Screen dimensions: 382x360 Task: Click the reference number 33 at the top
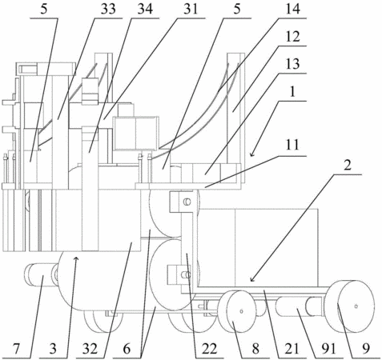click(x=108, y=10)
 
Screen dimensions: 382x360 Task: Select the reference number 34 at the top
click(x=145, y=10)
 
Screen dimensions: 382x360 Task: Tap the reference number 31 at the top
click(x=191, y=10)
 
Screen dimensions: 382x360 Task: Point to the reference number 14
click(x=292, y=10)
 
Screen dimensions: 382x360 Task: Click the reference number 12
click(x=292, y=37)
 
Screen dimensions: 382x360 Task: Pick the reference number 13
click(x=292, y=64)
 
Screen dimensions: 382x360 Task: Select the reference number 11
click(x=292, y=146)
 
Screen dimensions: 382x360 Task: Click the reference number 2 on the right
click(x=348, y=166)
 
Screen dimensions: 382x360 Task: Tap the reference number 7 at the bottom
click(x=17, y=349)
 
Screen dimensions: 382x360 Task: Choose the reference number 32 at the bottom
click(x=90, y=349)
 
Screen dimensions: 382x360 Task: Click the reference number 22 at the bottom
click(x=209, y=349)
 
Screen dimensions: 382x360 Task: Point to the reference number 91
click(x=328, y=349)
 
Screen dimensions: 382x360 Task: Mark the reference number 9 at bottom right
click(x=366, y=349)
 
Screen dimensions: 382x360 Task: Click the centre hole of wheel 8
click(x=241, y=311)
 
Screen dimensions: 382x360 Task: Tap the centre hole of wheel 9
click(x=356, y=306)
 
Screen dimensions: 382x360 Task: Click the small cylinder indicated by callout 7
click(x=40, y=275)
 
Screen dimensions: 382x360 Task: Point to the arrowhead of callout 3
click(x=76, y=258)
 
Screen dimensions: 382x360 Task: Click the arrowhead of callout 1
click(x=251, y=154)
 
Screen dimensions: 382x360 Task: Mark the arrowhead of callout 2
click(x=252, y=279)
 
